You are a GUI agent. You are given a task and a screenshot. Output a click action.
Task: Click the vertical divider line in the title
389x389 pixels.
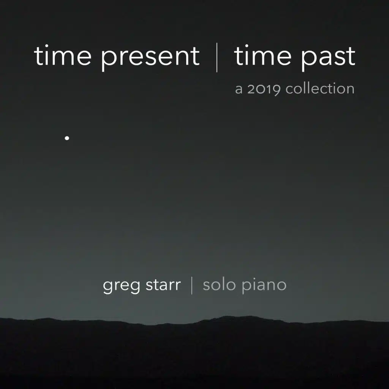(217, 58)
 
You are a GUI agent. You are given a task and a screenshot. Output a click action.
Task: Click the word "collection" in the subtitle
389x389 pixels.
(320, 88)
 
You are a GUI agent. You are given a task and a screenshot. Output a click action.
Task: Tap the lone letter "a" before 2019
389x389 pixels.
(239, 90)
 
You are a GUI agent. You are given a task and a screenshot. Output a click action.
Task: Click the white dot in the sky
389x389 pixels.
(67, 138)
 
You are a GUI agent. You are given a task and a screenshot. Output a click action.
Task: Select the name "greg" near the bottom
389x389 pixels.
(122, 286)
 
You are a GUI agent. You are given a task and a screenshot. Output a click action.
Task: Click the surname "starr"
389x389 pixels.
(163, 285)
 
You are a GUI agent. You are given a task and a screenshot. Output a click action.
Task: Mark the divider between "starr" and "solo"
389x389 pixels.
(192, 285)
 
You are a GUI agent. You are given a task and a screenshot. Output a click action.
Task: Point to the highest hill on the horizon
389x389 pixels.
(231, 318)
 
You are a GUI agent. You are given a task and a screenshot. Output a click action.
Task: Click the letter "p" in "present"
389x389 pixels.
(108, 60)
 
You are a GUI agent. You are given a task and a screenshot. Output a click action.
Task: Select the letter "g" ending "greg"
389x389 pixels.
(134, 287)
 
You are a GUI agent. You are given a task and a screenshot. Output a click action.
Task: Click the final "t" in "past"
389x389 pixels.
(351, 57)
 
